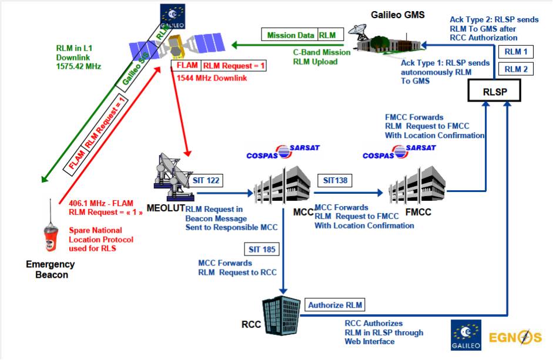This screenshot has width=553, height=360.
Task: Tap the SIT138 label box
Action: click(334, 180)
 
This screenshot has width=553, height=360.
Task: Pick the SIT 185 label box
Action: click(261, 250)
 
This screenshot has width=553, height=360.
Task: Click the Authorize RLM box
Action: click(335, 304)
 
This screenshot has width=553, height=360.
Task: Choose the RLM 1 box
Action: click(516, 52)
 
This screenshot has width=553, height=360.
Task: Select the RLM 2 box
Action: click(516, 69)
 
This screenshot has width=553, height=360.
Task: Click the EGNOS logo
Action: click(515, 337)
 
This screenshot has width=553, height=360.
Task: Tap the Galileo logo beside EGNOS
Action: click(466, 335)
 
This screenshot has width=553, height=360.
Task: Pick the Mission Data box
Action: click(289, 35)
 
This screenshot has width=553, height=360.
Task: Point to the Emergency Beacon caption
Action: click(51, 270)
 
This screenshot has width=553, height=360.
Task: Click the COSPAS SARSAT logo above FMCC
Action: click(391, 152)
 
